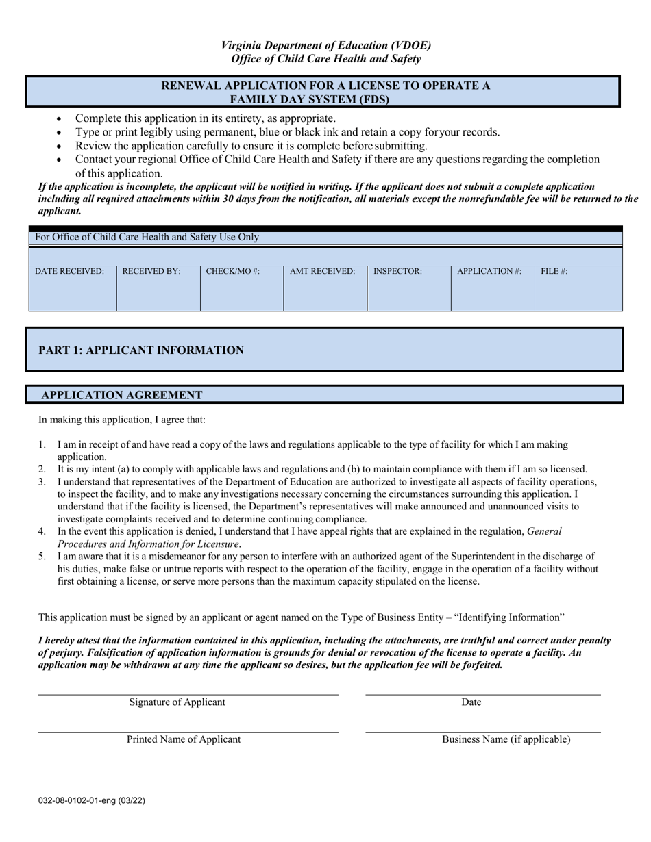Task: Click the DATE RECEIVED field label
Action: click(x=70, y=272)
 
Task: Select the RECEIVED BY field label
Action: click(x=151, y=272)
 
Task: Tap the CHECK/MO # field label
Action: click(x=233, y=272)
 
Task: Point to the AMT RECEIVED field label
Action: click(x=323, y=272)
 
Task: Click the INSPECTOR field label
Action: click(x=397, y=272)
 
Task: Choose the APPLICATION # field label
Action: click(x=489, y=272)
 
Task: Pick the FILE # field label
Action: click(x=554, y=272)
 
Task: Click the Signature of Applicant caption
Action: click(x=177, y=702)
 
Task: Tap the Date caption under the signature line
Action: click(x=471, y=702)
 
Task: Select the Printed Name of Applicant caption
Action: click(x=184, y=739)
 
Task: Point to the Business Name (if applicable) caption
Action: click(x=506, y=739)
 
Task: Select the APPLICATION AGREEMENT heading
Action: click(x=122, y=395)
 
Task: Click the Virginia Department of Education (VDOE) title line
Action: click(x=326, y=46)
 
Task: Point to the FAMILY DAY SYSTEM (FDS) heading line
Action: click(x=325, y=99)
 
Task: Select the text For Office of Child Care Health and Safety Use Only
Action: click(x=147, y=238)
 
